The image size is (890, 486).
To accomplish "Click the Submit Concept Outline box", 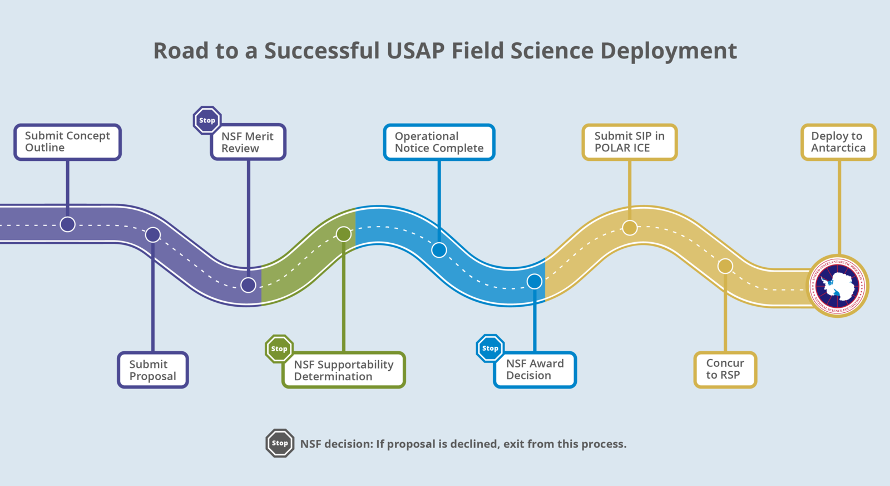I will (x=67, y=142).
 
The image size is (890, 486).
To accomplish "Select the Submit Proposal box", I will (x=153, y=370).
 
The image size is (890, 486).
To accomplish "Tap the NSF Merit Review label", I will (x=248, y=143).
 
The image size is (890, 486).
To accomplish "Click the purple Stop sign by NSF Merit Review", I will (x=207, y=120).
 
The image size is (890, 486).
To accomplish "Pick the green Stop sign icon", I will (x=279, y=349).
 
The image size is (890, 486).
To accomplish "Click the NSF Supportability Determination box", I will (x=344, y=370).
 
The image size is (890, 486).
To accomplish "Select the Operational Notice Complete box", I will (x=439, y=143).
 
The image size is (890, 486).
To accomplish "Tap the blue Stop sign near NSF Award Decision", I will (x=490, y=348).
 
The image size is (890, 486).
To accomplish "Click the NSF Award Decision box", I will (x=535, y=370).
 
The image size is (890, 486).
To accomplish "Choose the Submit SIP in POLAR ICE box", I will (x=630, y=142).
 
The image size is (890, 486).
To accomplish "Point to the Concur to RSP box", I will (x=725, y=369).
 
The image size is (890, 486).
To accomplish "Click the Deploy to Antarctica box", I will (x=838, y=142).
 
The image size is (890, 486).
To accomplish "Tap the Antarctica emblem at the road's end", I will (x=838, y=286).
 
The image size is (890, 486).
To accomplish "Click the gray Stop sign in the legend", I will (x=280, y=443).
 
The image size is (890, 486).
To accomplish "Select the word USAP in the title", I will (x=416, y=51).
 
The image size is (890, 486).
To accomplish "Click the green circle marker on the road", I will (x=344, y=234).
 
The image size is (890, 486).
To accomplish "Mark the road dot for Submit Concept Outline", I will (x=67, y=224).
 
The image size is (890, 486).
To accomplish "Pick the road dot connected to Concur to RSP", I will (x=725, y=266).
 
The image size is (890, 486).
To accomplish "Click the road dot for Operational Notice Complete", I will (x=439, y=250).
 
